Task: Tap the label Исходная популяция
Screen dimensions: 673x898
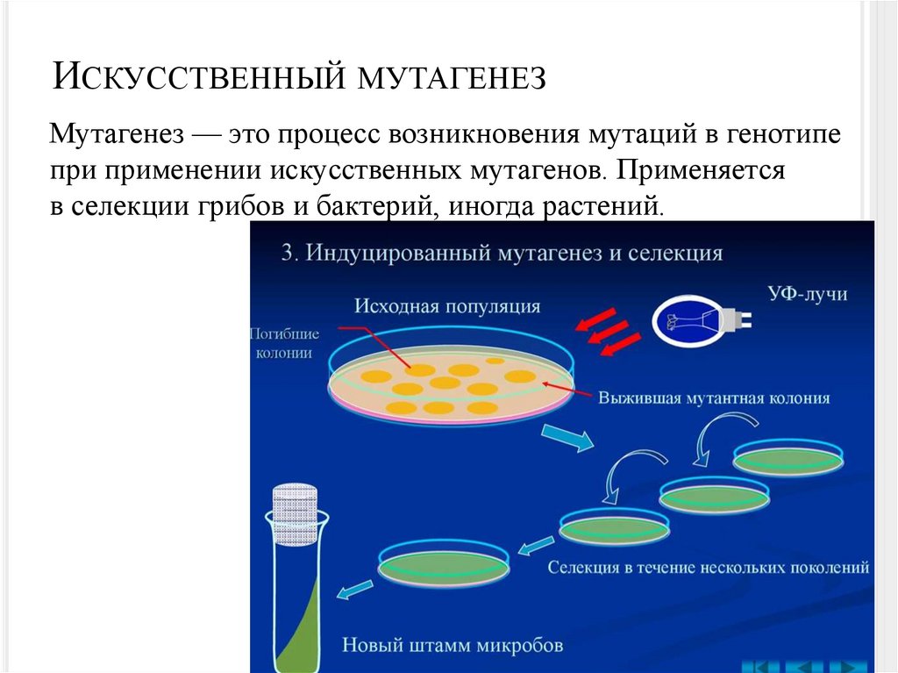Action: point(447,306)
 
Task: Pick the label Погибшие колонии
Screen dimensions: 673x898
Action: point(284,343)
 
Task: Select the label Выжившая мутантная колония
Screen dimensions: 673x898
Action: point(713,397)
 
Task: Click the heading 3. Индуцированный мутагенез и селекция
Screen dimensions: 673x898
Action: point(502,253)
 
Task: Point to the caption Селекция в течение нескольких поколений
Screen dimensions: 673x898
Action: point(708,567)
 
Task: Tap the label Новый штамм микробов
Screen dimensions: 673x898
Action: point(452,645)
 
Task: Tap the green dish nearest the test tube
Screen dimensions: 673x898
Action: point(444,566)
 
